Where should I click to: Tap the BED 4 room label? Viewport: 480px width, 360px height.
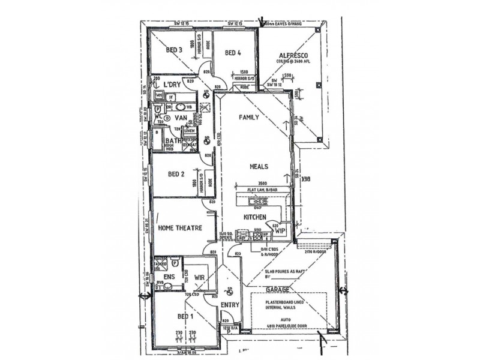[233, 53]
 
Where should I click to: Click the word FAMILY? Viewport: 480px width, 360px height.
[249, 118]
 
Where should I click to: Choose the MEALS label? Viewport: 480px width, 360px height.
[259, 167]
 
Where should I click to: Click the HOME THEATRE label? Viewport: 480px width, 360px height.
[178, 229]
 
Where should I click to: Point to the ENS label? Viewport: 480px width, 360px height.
[169, 277]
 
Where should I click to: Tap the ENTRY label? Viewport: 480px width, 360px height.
[230, 305]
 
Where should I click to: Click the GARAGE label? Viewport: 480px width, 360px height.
[278, 289]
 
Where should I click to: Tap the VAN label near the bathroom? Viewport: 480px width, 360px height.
[181, 118]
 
